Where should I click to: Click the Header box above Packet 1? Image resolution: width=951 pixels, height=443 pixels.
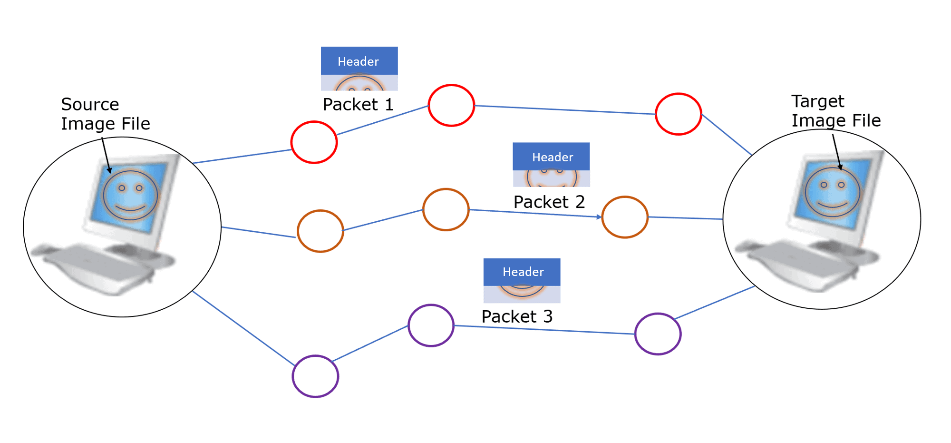[x=359, y=61]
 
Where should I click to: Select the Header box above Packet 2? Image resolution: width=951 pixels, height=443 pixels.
[x=551, y=157]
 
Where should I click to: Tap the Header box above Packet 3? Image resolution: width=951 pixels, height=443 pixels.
[x=522, y=272]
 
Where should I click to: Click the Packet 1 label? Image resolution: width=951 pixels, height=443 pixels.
[x=358, y=105]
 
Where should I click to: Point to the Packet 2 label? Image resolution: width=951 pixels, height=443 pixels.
[x=549, y=202]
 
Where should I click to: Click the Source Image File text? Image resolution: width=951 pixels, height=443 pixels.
[x=105, y=114]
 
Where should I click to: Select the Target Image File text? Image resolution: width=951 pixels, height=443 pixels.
[x=835, y=111]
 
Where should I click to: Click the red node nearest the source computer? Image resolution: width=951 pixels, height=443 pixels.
[x=314, y=142]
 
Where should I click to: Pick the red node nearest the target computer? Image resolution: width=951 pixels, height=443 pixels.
[x=679, y=114]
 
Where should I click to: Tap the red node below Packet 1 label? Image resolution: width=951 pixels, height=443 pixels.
[x=451, y=106]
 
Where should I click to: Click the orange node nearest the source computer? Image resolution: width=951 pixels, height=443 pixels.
[x=320, y=231]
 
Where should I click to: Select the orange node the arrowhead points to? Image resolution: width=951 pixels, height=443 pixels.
[x=625, y=217]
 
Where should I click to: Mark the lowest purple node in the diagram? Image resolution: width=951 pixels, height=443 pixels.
[x=315, y=376]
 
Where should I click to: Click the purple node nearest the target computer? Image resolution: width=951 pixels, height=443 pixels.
[x=658, y=334]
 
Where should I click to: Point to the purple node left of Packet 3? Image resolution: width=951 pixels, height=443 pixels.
[x=431, y=325]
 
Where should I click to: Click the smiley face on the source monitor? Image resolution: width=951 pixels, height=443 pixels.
[x=130, y=195]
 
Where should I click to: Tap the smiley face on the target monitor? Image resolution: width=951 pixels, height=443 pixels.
[x=832, y=192]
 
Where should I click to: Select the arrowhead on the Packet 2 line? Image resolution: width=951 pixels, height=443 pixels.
[x=599, y=217]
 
